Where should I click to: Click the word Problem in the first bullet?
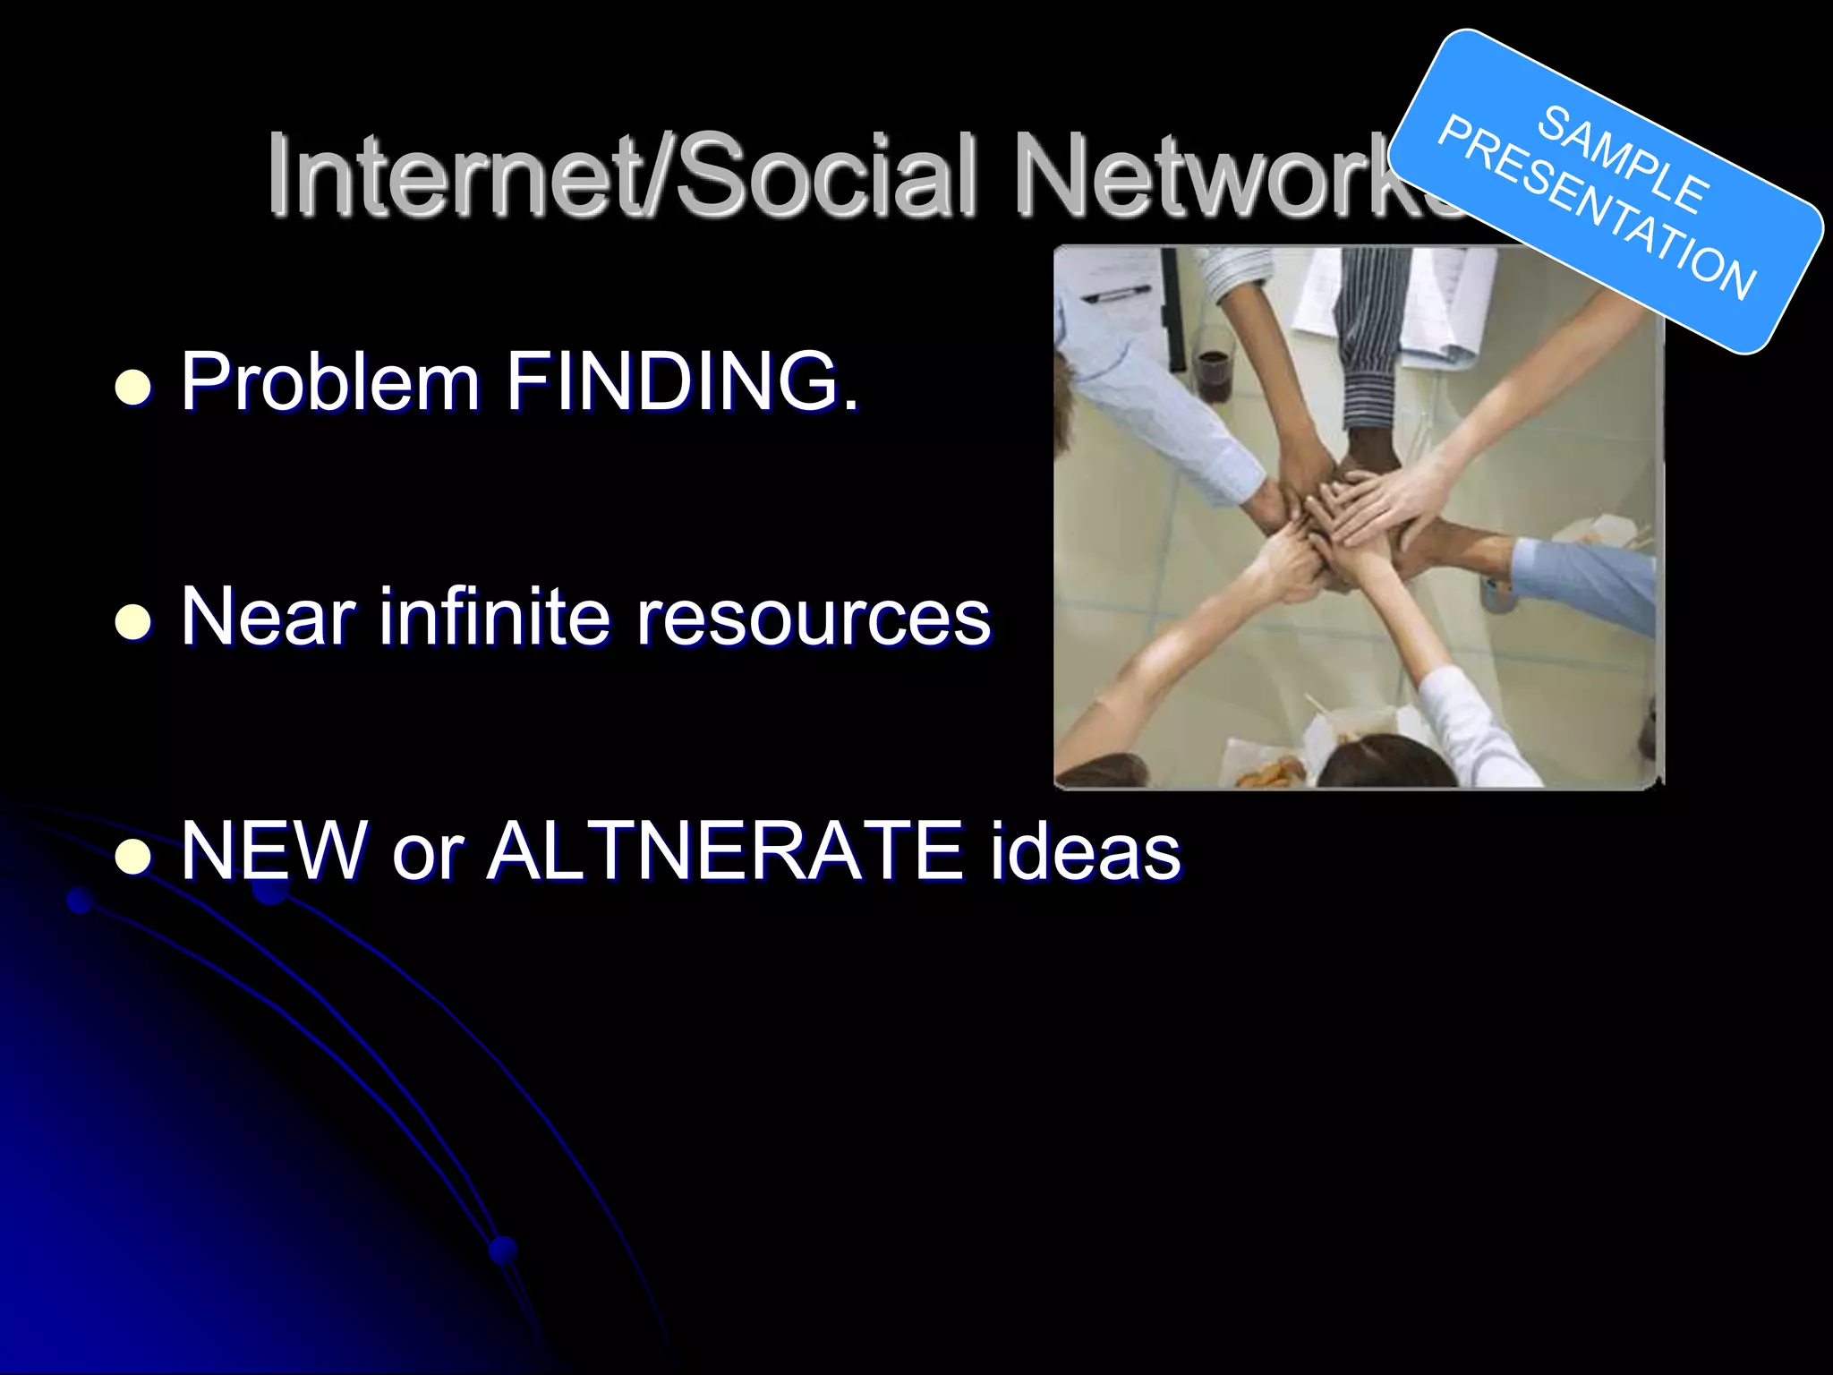coord(330,383)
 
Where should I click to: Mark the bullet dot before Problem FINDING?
coord(133,388)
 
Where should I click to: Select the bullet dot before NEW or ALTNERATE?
coord(133,857)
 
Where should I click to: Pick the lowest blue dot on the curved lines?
coord(503,1249)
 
